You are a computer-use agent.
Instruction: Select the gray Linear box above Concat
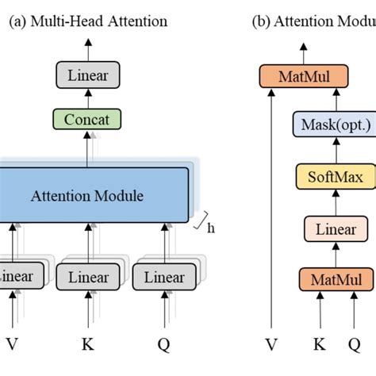point(88,76)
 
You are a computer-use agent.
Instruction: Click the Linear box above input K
point(88,278)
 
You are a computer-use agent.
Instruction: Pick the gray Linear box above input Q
point(164,278)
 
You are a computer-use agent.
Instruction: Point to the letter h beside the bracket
point(211,228)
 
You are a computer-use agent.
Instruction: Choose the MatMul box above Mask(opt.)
point(305,76)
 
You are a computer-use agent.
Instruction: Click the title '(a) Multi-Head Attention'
point(87,21)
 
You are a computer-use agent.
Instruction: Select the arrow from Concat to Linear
point(88,98)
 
